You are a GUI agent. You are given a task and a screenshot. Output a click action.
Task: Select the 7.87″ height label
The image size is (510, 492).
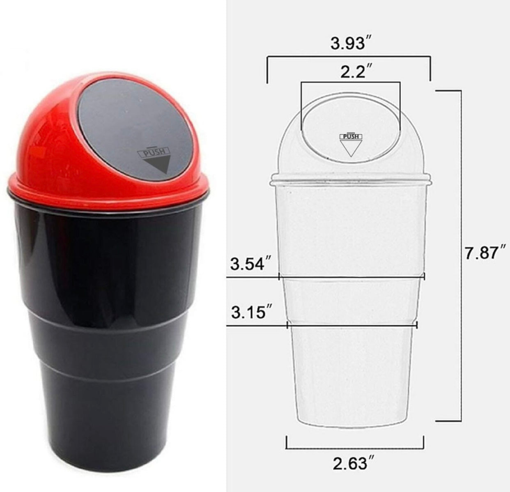tap(485, 253)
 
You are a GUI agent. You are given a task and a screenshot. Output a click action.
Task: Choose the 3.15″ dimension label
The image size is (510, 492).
tap(251, 311)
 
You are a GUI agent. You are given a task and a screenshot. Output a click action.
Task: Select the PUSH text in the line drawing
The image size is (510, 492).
tap(351, 137)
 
